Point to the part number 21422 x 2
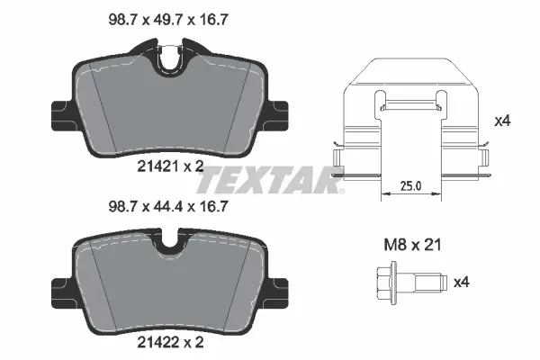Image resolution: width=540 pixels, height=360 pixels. tap(166, 343)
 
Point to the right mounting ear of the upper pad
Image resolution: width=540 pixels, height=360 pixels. tap(274, 114)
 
